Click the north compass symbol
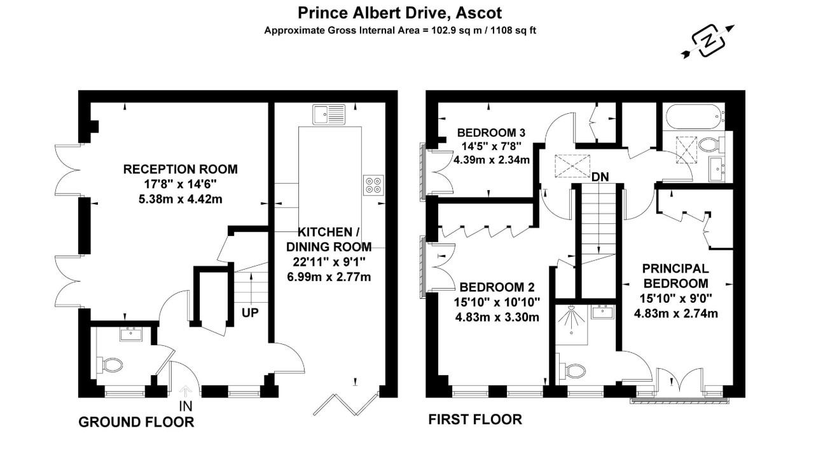click(x=707, y=42)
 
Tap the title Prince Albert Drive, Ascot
click(x=400, y=13)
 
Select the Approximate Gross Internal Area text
click(x=400, y=30)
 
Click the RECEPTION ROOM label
click(x=180, y=169)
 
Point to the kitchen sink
click(x=328, y=114)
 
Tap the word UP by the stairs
click(x=249, y=312)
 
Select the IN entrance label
click(x=186, y=406)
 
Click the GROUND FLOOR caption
click(x=136, y=422)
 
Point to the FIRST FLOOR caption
click(x=474, y=420)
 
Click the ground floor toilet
click(x=111, y=366)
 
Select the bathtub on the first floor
click(x=693, y=117)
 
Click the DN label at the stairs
click(x=600, y=177)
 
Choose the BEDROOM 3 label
click(x=491, y=133)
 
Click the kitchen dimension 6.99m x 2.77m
click(x=328, y=277)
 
